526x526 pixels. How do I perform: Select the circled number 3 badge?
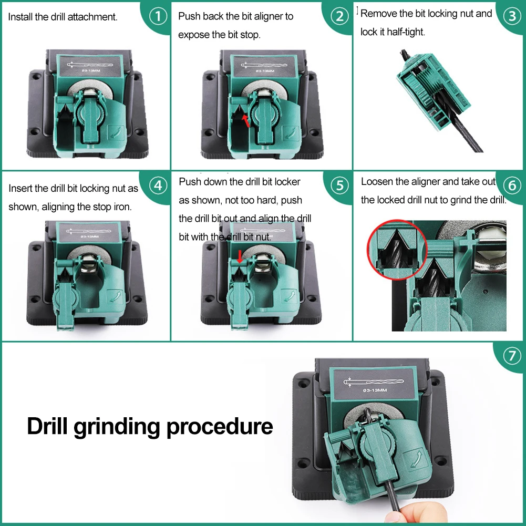[x=512, y=16]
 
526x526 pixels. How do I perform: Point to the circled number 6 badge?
[x=512, y=185]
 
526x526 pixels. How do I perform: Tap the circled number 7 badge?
[x=512, y=356]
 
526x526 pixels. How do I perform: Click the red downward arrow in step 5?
[x=240, y=257]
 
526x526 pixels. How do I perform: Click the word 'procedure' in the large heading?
[x=220, y=426]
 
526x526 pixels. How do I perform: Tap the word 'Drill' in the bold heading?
[x=48, y=426]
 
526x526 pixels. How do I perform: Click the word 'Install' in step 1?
[x=20, y=17]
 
